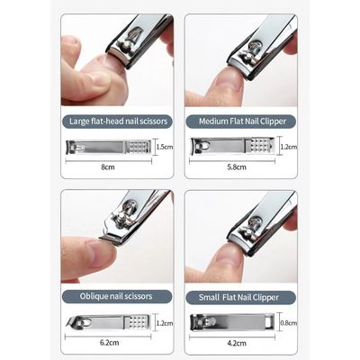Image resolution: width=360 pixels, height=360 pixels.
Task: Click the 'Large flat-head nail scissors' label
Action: coord(117,120)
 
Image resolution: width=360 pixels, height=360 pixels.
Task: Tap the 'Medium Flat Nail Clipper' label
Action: coord(240,120)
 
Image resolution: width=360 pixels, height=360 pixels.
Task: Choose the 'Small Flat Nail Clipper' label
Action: coord(240,295)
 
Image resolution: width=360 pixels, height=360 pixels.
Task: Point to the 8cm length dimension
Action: coord(106,166)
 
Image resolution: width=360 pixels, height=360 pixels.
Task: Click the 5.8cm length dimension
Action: coord(236,166)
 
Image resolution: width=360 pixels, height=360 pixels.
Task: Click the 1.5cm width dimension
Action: coord(164,146)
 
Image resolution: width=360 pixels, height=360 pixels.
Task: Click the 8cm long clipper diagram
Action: coord(106,146)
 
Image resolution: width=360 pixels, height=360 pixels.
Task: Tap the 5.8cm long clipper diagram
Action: coord(233,145)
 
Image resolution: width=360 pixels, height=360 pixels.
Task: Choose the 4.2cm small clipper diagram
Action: coord(230,320)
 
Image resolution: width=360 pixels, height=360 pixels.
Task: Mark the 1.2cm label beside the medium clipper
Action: coord(287,145)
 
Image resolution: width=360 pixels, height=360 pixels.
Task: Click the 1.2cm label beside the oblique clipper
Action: coord(163,321)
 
